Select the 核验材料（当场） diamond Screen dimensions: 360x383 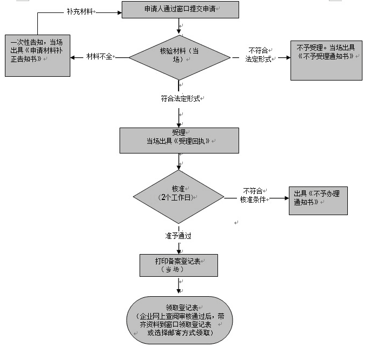tap(179, 56)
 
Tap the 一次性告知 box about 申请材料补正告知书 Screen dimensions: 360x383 tap(37, 56)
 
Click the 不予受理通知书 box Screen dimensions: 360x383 tap(326, 59)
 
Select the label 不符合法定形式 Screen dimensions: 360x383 tap(259, 55)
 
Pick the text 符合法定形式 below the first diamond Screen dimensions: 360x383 tap(181, 99)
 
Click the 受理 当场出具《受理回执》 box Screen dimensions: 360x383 tap(179, 140)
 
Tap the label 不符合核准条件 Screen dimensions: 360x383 tap(253, 195)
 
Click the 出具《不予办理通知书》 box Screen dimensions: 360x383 tap(318, 198)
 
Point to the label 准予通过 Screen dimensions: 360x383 tap(178, 236)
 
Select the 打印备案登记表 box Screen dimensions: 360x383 tap(178, 265)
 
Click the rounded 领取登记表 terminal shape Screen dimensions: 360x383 tap(180, 320)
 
